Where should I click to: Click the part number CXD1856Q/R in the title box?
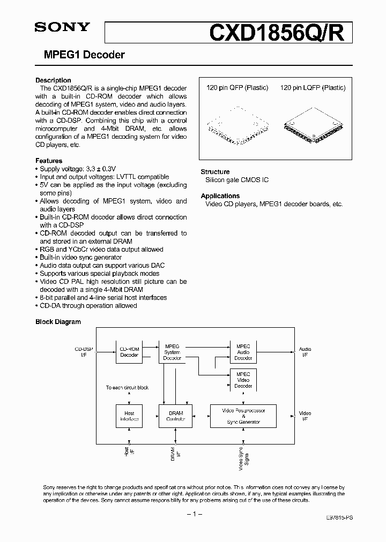click(x=280, y=32)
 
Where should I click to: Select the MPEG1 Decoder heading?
click(x=80, y=55)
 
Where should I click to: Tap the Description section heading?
click(x=53, y=80)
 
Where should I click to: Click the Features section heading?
click(x=49, y=161)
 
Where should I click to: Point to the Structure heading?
click(x=215, y=172)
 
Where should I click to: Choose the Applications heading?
click(x=220, y=196)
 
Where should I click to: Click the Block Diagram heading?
click(x=58, y=322)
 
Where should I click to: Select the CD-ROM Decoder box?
click(x=129, y=351)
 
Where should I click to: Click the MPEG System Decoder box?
click(x=172, y=351)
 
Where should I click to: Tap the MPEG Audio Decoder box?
click(x=243, y=351)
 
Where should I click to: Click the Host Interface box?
click(x=129, y=416)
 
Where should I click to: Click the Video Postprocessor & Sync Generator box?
click(x=243, y=416)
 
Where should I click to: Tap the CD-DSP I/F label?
click(x=83, y=351)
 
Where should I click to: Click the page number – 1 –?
click(x=193, y=514)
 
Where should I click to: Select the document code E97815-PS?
click(x=339, y=519)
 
